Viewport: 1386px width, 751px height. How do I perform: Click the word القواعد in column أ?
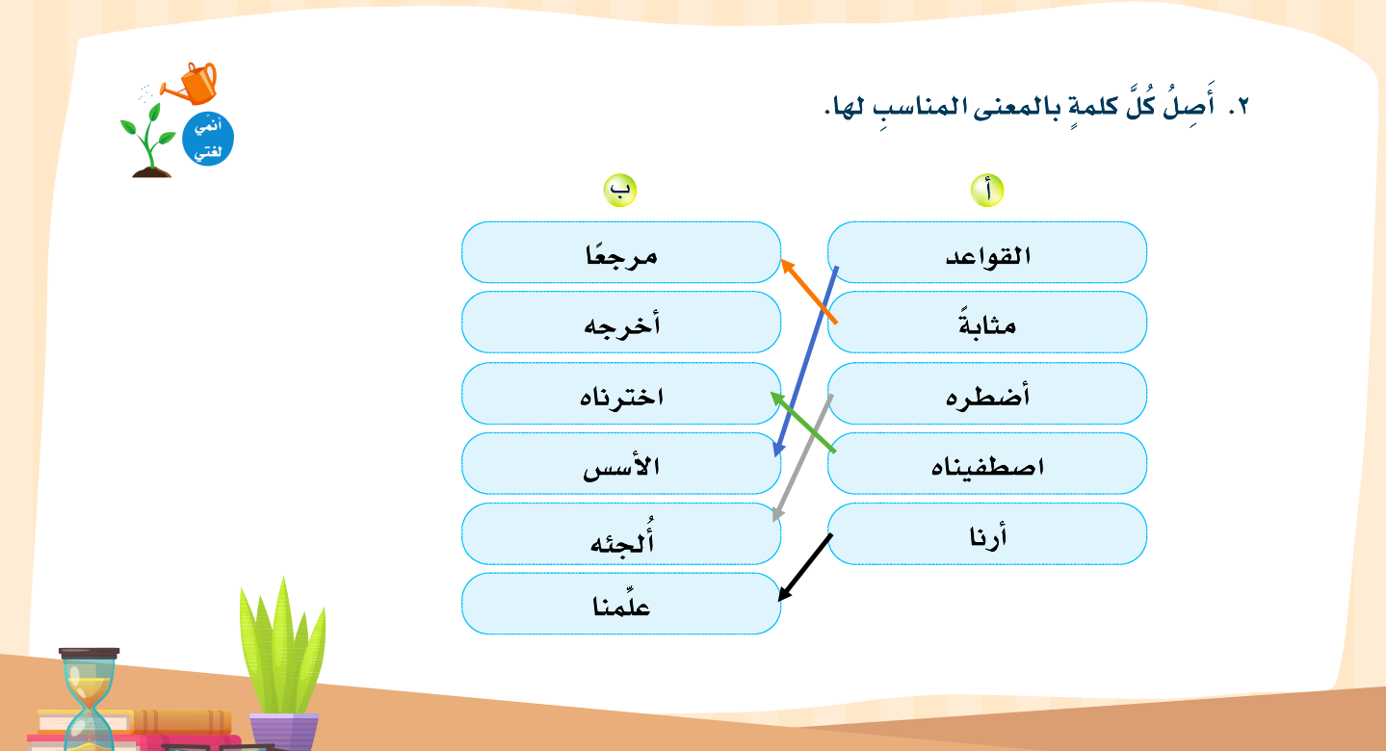coord(987,255)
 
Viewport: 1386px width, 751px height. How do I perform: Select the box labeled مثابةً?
coord(987,323)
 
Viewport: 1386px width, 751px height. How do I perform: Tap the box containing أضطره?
coord(987,394)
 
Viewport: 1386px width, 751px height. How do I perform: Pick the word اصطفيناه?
coord(987,465)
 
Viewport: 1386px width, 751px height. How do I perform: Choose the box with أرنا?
coord(987,533)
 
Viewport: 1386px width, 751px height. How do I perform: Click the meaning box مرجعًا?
coord(621,252)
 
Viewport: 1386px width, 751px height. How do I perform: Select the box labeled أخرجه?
coord(621,323)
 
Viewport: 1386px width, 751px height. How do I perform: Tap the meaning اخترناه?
coord(621,396)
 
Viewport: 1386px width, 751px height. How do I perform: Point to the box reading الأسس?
coord(621,463)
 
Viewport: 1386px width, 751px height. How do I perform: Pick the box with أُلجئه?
coord(621,533)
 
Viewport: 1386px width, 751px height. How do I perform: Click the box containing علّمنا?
coord(621,604)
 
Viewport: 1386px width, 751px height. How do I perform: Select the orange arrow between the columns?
coord(809,291)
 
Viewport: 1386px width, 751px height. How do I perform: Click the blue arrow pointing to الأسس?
coord(805,362)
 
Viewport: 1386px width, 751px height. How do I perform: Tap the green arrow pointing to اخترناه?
coord(803,422)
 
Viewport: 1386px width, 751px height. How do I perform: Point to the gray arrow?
coord(802,458)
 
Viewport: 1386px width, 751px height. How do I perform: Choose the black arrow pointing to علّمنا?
coord(804,568)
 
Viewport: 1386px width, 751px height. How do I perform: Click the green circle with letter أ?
coord(987,191)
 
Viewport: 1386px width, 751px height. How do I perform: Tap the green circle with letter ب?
coord(620,191)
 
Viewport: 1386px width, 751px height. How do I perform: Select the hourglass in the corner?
coord(90,699)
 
